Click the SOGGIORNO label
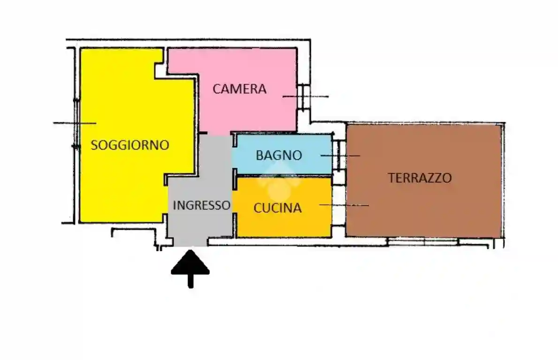click(130, 145)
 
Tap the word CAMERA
click(240, 89)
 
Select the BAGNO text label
click(279, 155)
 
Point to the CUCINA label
click(277, 208)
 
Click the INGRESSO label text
click(202, 205)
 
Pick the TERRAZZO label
click(420, 178)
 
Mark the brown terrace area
click(422, 211)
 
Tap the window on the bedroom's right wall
click(304, 97)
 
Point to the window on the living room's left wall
click(75, 123)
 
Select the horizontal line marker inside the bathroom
click(340, 155)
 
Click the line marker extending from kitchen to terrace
click(344, 205)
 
